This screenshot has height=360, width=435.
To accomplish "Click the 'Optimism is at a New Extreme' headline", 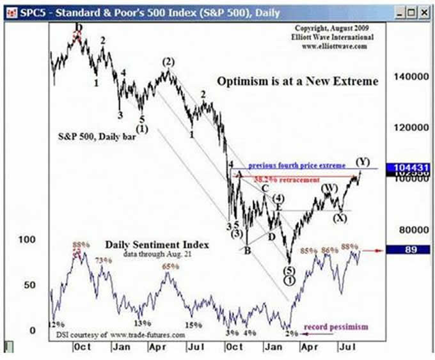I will click(297, 82).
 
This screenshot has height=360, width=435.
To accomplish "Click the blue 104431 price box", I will click(409, 165).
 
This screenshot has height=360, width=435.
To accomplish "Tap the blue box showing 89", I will click(409, 251).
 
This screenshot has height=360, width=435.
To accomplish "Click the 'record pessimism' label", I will click(336, 327).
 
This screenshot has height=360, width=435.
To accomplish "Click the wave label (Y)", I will click(363, 160).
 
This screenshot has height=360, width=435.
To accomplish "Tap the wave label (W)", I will click(329, 187).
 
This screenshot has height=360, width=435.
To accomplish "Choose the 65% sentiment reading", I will click(169, 266).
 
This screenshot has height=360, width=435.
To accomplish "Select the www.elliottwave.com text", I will click(335, 46).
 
